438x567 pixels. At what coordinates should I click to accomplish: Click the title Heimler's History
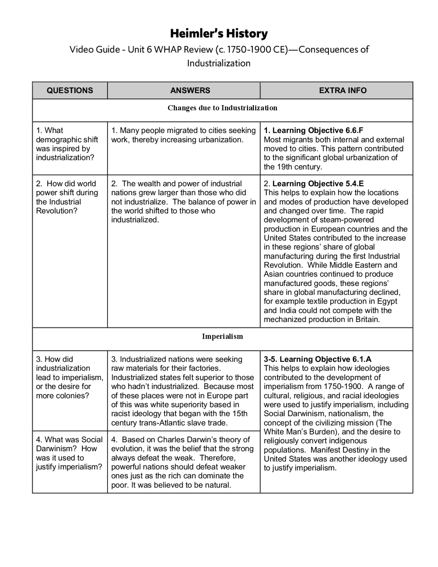[x=219, y=34]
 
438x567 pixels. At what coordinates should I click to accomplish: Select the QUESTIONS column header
[x=70, y=90]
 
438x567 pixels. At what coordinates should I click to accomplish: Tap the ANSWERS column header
[x=190, y=90]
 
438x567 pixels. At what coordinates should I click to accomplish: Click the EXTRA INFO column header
[x=343, y=90]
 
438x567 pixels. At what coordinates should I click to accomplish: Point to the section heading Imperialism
[x=222, y=336]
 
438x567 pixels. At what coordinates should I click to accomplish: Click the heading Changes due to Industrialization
[x=222, y=108]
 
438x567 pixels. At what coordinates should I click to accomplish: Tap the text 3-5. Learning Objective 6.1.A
[x=318, y=359]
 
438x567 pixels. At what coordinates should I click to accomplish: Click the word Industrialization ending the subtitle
[x=219, y=63]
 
